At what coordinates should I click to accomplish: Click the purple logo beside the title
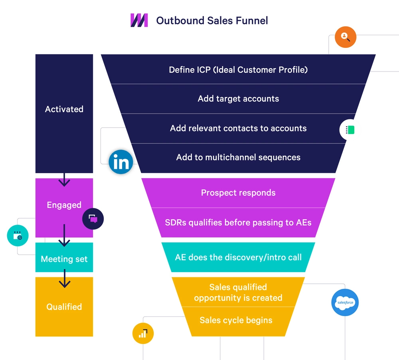pos(139,20)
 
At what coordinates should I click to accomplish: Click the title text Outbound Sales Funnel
pos(212,20)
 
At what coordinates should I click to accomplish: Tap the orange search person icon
pos(345,38)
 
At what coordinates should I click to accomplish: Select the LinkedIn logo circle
pos(121,162)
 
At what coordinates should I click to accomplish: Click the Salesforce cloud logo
pos(345,303)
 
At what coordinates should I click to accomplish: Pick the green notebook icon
pos(350,130)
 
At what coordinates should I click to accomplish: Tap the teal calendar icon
pos(18,235)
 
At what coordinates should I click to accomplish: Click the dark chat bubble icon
pos(93,219)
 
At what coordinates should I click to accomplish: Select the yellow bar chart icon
pos(143,333)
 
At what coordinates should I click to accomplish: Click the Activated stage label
pos(64,109)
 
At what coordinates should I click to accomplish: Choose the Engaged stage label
pos(64,205)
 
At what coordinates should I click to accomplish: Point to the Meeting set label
pos(64,259)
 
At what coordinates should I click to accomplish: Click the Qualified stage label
pos(64,307)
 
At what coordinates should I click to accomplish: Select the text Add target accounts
pos(238,99)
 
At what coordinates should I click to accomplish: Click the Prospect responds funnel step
pos(238,193)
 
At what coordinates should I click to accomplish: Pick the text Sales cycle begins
pos(236,320)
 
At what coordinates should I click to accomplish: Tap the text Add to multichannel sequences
pos(238,157)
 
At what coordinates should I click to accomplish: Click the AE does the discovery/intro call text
pos(238,257)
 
